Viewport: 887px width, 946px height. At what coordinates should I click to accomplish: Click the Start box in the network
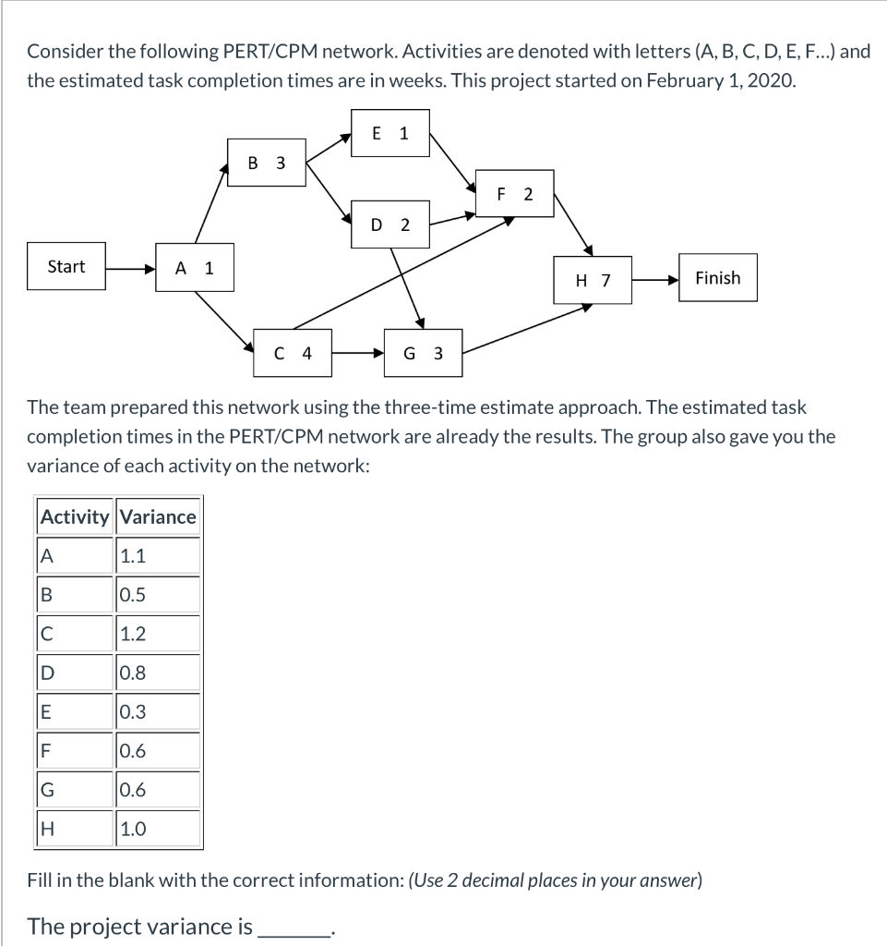[66, 267]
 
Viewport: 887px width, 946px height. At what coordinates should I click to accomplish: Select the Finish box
[717, 277]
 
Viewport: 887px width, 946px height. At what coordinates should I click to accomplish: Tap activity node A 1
[195, 269]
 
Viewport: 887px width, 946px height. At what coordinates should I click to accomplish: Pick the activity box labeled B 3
[267, 164]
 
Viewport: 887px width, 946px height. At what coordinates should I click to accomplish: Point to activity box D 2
[390, 224]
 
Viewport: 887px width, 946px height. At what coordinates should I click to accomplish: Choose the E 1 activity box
[390, 133]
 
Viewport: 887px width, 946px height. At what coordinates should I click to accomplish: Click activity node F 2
[515, 194]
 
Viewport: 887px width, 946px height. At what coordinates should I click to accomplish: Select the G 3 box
[423, 353]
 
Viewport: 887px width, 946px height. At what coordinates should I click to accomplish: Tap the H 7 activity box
[593, 280]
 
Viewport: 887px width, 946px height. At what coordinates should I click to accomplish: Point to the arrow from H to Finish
[654, 278]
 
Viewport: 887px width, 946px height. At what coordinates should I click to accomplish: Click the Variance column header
[158, 517]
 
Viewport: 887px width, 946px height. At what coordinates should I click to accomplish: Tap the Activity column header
[75, 517]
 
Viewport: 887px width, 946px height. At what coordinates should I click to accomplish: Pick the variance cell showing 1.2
[158, 634]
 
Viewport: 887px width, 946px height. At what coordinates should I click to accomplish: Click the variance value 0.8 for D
[158, 673]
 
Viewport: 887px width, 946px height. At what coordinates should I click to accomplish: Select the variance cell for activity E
[158, 712]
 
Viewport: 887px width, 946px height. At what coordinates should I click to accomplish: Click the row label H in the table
[75, 829]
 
